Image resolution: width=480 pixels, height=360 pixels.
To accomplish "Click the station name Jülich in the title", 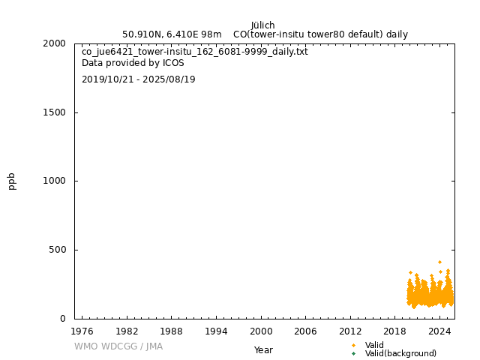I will click(x=263, y=25).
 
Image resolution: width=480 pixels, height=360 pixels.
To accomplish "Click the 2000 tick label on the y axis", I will click(x=55, y=43).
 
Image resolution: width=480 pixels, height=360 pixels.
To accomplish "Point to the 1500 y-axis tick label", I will click(x=55, y=112).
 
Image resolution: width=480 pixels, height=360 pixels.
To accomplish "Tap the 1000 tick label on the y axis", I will click(x=55, y=181).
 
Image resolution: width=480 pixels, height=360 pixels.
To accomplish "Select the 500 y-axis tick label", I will click(x=58, y=250).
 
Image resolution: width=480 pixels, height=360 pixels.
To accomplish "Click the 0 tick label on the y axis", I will click(x=63, y=319).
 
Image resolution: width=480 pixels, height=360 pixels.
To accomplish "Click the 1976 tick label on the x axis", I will click(x=82, y=331).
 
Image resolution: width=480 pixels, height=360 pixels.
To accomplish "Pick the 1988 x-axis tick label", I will click(x=172, y=331).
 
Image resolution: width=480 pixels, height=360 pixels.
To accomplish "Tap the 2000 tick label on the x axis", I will click(x=261, y=331).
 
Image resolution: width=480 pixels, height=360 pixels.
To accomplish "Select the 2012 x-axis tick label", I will click(x=350, y=331).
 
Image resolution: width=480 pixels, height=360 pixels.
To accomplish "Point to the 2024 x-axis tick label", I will click(x=439, y=331).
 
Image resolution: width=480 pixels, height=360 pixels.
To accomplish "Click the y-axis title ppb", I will click(x=12, y=181).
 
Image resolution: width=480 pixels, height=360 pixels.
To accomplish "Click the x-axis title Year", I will click(x=263, y=350).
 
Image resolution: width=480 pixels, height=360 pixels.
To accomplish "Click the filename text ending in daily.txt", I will click(x=195, y=52).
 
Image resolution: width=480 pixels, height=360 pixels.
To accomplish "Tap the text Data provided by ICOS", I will click(x=133, y=63).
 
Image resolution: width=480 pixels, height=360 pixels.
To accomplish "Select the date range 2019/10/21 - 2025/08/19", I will click(x=139, y=79).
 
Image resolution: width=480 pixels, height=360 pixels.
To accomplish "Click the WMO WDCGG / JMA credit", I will click(x=118, y=346).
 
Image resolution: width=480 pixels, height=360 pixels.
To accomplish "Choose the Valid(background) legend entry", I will click(x=400, y=353).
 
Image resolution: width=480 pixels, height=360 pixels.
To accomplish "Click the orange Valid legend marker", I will click(x=353, y=345).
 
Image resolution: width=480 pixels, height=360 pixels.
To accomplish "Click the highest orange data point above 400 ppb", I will click(x=439, y=262).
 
